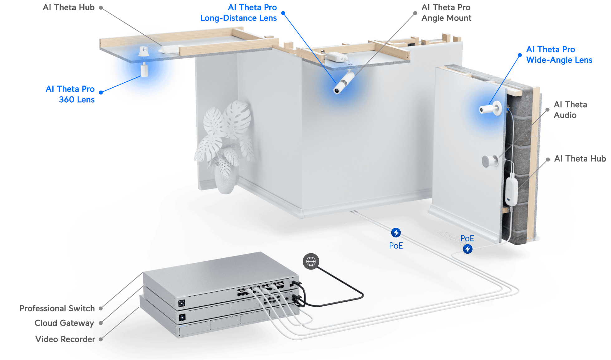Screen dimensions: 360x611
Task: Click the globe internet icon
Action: [x=311, y=261]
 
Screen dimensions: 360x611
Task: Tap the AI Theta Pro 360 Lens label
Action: [x=70, y=94]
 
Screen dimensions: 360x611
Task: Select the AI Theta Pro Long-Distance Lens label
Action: [x=238, y=13]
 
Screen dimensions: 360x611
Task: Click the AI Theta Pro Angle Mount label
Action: [x=446, y=13]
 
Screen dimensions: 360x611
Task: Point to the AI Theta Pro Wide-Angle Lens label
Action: [x=559, y=55]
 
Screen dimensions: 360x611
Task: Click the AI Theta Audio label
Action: [x=570, y=110]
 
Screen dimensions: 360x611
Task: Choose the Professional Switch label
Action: [x=57, y=308]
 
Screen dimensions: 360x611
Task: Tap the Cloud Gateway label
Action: [x=64, y=323]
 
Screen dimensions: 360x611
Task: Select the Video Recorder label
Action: [x=65, y=339]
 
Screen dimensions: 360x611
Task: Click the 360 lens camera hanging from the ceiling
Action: [x=144, y=69]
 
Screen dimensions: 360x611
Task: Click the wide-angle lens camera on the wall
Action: [x=490, y=109]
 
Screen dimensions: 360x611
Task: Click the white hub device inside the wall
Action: [x=511, y=191]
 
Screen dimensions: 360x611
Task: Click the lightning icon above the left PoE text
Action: [x=396, y=233]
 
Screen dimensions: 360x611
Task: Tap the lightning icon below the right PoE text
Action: [x=467, y=249]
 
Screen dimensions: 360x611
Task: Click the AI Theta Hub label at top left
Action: [x=69, y=7]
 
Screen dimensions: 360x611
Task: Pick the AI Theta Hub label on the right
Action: [x=580, y=158]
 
